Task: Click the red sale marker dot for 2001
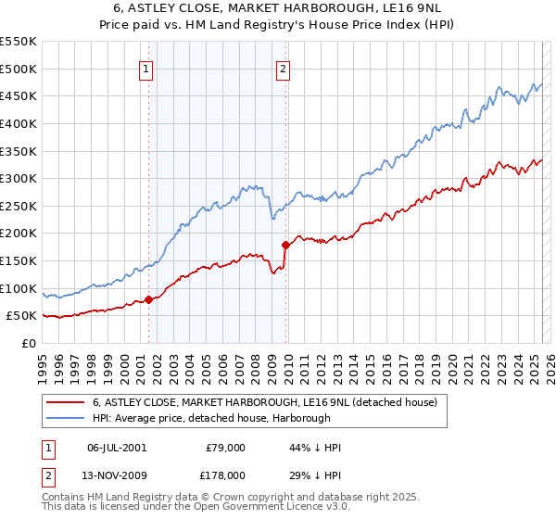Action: [148, 299]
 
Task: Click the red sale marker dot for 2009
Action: [285, 245]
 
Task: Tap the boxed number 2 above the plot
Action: [283, 67]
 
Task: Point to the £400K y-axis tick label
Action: [19, 123]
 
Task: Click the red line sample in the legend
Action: [67, 402]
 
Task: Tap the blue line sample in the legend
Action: [67, 418]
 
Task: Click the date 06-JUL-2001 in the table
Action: [116, 448]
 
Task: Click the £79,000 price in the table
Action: [225, 448]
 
